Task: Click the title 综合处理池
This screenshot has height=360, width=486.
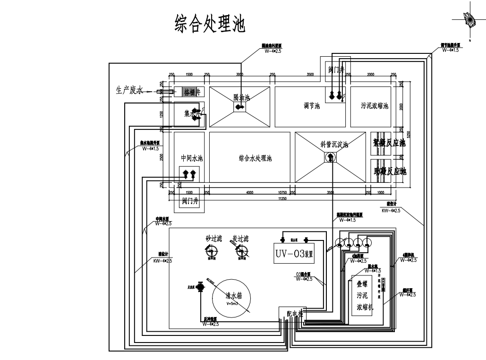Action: pyautogui.click(x=210, y=24)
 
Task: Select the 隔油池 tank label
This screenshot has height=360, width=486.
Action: pyautogui.click(x=241, y=97)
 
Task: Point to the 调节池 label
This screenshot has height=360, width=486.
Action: pyautogui.click(x=312, y=106)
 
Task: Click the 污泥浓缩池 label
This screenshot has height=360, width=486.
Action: pyautogui.click(x=374, y=106)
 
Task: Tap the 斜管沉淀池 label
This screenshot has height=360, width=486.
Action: pyautogui.click(x=334, y=145)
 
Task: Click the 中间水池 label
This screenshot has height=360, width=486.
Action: pyautogui.click(x=192, y=158)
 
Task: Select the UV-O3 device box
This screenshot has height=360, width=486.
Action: pyautogui.click(x=295, y=254)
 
